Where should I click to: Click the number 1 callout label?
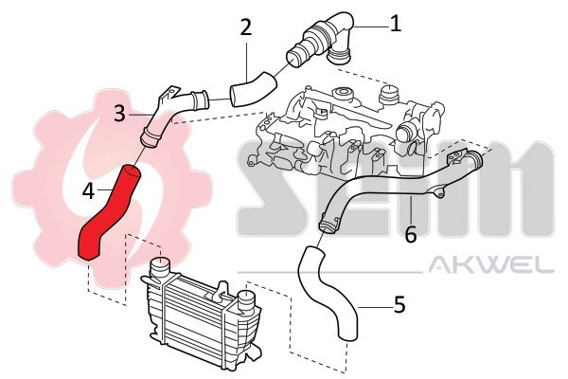[396, 24]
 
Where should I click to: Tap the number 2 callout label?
[246, 27]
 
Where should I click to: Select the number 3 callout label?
[119, 113]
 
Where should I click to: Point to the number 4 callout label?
[88, 190]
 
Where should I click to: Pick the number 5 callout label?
[399, 304]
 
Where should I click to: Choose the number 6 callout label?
[411, 234]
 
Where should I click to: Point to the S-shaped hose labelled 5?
[327, 293]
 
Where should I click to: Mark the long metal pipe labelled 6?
[399, 189]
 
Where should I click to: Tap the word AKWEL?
[491, 265]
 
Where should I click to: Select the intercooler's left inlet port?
[159, 267]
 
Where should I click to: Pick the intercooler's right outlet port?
[246, 300]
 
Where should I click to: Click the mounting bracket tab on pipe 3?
[169, 93]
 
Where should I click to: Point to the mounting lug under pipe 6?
[437, 191]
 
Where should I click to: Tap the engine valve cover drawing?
[346, 129]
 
